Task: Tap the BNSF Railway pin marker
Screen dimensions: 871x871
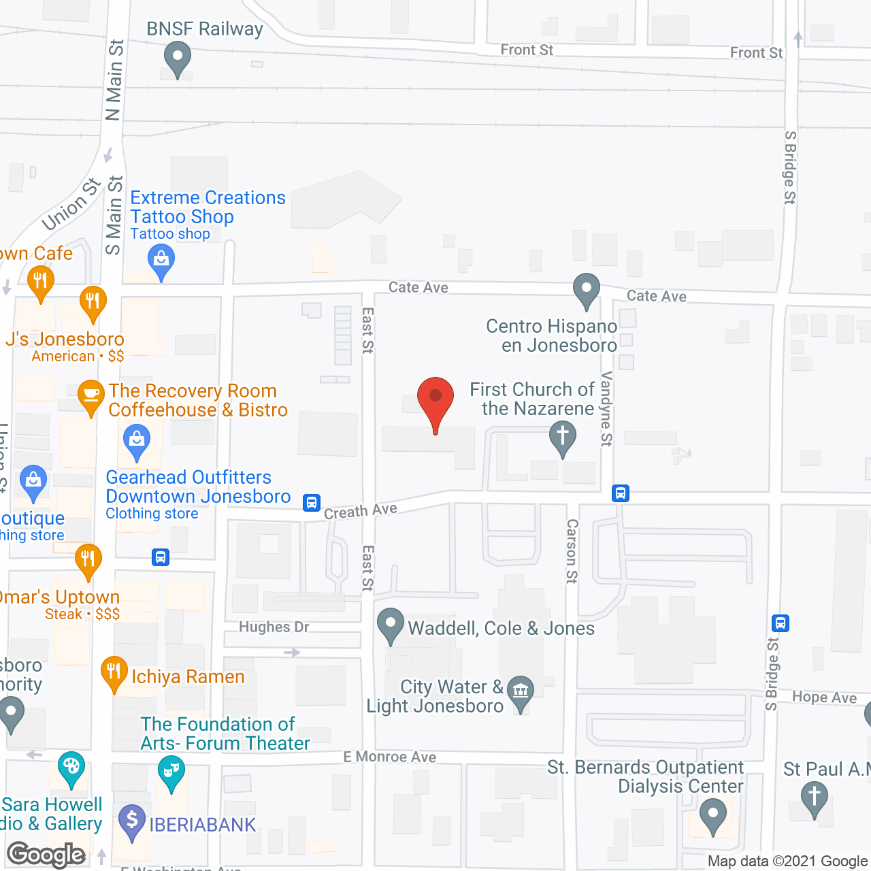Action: [178, 58]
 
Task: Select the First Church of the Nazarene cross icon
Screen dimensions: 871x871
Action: [563, 437]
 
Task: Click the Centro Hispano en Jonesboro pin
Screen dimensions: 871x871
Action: [586, 290]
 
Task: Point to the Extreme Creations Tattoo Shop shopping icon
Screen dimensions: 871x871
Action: [161, 261]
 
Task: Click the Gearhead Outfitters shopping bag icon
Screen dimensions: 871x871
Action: [137, 441]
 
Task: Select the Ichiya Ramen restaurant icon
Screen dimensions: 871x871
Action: [114, 672]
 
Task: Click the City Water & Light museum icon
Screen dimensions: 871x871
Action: [521, 692]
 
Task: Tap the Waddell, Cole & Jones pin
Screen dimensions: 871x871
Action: [391, 625]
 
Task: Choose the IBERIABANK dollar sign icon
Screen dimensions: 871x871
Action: [132, 821]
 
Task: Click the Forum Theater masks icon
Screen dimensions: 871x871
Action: [171, 772]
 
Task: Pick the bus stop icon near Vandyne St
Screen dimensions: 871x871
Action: [620, 493]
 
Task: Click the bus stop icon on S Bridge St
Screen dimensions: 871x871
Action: [780, 623]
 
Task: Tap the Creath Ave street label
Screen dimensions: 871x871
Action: [360, 510]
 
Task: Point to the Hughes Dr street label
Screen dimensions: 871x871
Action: [274, 627]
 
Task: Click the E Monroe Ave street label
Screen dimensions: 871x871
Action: [389, 757]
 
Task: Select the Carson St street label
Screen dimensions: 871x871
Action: [572, 551]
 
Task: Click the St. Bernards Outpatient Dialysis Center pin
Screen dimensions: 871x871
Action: [713, 815]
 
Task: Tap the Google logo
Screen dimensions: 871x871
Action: [46, 855]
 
